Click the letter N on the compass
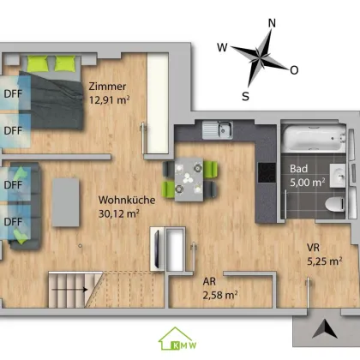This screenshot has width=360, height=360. click(x=272, y=23)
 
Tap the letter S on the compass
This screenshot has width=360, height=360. click(x=245, y=96)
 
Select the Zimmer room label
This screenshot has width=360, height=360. click(x=107, y=87)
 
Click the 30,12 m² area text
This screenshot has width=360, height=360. click(x=119, y=213)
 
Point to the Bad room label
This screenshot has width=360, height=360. click(x=298, y=169)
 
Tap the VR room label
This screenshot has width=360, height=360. click(x=313, y=248)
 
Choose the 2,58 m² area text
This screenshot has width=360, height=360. click(x=220, y=295)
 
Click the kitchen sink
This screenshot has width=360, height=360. click(x=218, y=129)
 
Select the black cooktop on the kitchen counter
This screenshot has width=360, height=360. click(x=267, y=172)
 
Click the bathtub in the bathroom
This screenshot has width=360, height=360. click(x=314, y=139)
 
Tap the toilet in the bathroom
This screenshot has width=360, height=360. click(x=335, y=205)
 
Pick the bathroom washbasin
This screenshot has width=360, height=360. click(x=338, y=176)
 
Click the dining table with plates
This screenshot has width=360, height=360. click(x=189, y=179)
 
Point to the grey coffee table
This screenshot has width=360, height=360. click(x=66, y=202)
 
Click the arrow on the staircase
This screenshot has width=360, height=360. click(x=69, y=290)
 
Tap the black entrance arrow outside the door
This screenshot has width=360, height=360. click(x=325, y=329)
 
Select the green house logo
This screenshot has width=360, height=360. click(x=177, y=339)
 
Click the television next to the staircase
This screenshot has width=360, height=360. click(x=157, y=248)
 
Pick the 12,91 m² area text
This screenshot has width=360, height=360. click(x=109, y=100)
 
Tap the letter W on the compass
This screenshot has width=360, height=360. click(x=222, y=47)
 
